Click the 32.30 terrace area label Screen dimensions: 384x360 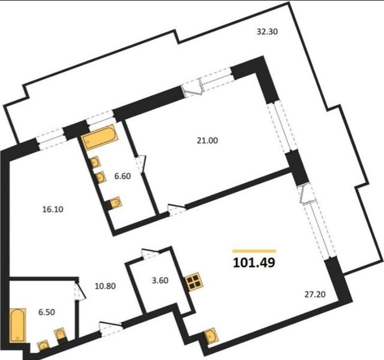[267, 32]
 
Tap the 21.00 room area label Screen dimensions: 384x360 [208, 141]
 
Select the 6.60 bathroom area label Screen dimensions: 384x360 [123, 176]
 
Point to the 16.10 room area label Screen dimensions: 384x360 [53, 209]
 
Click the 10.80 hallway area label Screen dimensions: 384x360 [105, 286]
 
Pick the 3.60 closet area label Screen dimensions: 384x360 [160, 280]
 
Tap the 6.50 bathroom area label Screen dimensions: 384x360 [47, 312]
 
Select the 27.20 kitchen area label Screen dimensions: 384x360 [315, 294]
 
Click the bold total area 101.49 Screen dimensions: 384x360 [254, 263]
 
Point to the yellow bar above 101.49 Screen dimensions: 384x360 [254, 251]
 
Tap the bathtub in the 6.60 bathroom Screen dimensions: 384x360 [100, 137]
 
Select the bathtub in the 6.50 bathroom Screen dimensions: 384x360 [17, 325]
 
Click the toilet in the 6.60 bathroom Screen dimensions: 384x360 [114, 203]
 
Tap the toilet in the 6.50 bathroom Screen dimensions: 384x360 [61, 335]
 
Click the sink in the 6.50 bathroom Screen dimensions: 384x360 [43, 345]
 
